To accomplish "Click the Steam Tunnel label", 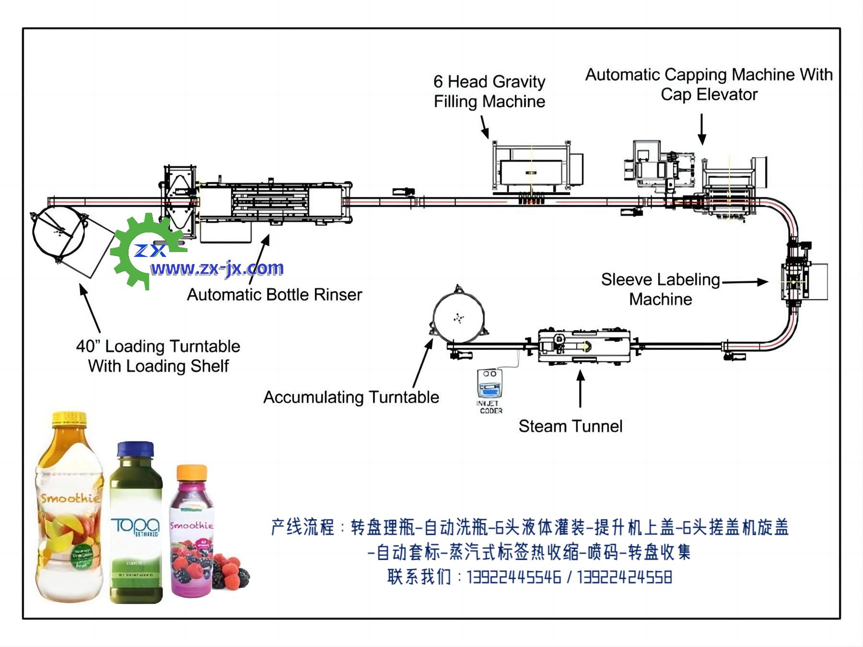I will pyautogui.click(x=570, y=426).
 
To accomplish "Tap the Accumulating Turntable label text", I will pyautogui.click(x=351, y=397).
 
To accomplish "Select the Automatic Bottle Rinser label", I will pyautogui.click(x=274, y=294).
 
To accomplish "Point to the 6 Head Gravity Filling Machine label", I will pyautogui.click(x=489, y=92).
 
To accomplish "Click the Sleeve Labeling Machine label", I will pyautogui.click(x=661, y=289).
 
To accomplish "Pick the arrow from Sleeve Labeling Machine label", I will pyautogui.click(x=745, y=282).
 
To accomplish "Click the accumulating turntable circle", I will pyautogui.click(x=458, y=317).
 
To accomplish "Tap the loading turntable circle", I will pyautogui.click(x=58, y=233).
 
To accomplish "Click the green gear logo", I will pyautogui.click(x=139, y=249).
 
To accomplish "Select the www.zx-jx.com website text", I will pyautogui.click(x=217, y=268).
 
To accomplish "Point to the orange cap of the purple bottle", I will pyautogui.click(x=192, y=473).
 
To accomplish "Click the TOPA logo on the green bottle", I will pyautogui.click(x=135, y=526).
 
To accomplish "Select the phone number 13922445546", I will pyautogui.click(x=513, y=577).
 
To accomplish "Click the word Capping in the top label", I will pyautogui.click(x=696, y=75).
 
